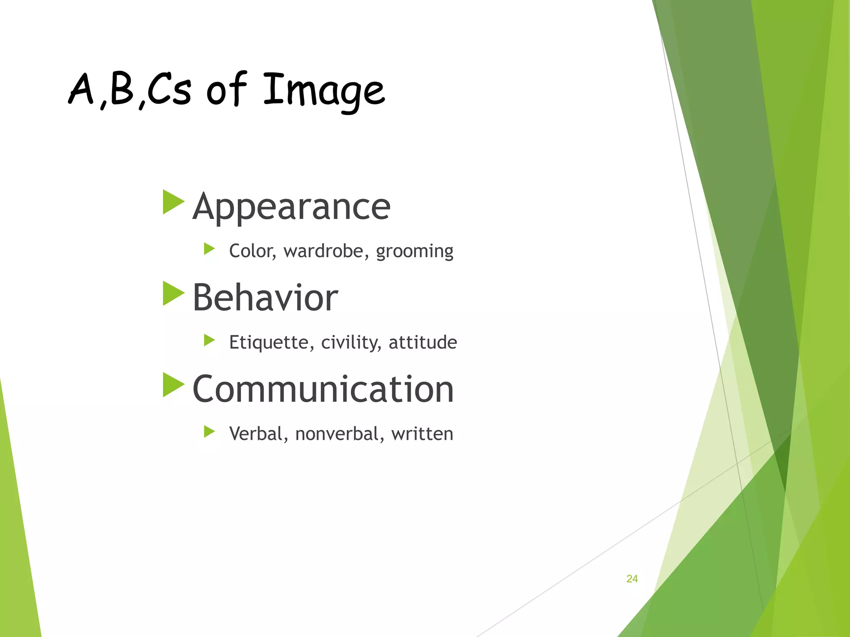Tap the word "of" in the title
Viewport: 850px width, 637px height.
tap(226, 89)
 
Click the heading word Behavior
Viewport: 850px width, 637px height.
tap(265, 298)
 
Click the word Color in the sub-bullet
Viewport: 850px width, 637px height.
tap(252, 251)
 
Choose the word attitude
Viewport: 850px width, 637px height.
tap(423, 343)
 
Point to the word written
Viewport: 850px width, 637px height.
tap(422, 434)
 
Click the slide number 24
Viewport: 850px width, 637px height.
tap(632, 579)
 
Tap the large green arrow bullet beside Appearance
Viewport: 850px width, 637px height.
tap(173, 202)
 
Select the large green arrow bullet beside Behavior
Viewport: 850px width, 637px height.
tap(173, 294)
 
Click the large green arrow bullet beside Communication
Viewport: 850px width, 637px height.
tap(173, 385)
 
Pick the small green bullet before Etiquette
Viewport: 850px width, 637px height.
tap(209, 340)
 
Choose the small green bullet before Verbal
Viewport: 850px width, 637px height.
tap(209, 432)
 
